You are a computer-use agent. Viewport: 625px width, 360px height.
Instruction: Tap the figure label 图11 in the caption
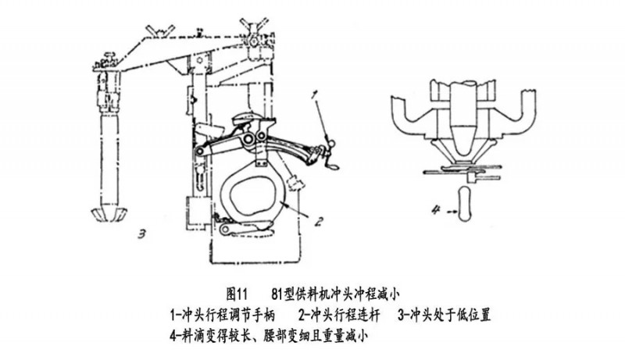coord(237,295)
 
